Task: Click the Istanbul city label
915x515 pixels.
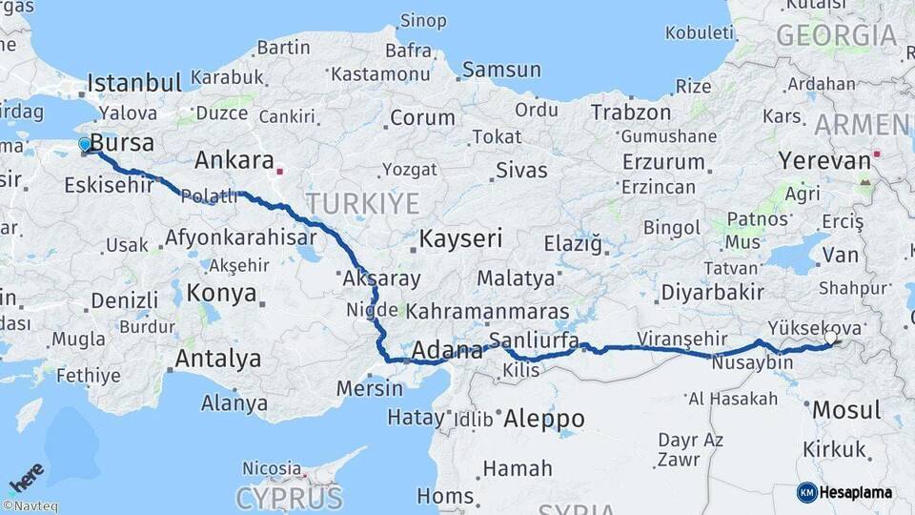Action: tap(133, 83)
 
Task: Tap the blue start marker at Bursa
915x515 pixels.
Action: tap(85, 145)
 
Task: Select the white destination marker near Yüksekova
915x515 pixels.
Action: tap(831, 337)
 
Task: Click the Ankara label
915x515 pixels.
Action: tap(234, 159)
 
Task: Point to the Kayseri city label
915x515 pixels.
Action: tap(460, 238)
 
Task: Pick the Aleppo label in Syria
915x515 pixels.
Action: tap(543, 419)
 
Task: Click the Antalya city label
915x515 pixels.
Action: tap(218, 360)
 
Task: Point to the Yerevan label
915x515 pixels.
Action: tap(824, 160)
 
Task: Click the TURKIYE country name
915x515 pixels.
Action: tap(362, 203)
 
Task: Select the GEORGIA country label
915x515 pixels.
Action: tap(836, 36)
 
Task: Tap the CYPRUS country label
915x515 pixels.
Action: tap(289, 497)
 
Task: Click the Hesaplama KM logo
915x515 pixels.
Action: tap(845, 492)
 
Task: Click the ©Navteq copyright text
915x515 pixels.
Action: tap(30, 506)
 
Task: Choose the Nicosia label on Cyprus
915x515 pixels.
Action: tap(272, 468)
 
